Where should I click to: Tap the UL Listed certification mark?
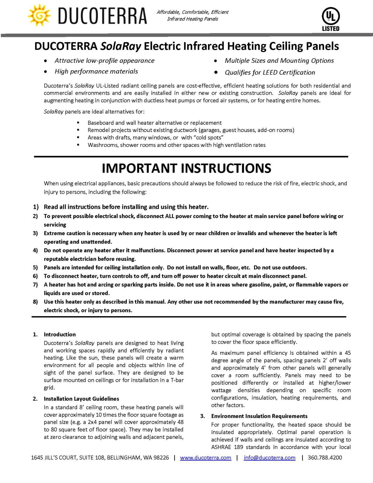[330, 19]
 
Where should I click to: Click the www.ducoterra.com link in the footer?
[206, 458]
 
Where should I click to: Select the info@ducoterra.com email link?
[269, 458]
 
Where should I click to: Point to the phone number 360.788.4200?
[325, 458]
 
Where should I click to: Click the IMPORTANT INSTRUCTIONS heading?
[186, 168]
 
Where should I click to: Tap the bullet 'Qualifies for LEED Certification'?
[269, 72]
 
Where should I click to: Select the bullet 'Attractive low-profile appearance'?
[104, 61]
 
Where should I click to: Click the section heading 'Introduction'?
[60, 334]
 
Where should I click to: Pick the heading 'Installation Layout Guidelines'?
[81, 399]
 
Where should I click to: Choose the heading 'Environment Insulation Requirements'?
[259, 416]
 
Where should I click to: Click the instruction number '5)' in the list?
[36, 267]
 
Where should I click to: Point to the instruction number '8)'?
[36, 302]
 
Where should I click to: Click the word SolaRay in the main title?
[121, 46]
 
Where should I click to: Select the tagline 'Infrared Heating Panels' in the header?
[193, 19]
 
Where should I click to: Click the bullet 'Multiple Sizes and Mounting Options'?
[279, 61]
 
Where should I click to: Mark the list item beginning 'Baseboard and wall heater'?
[155, 123]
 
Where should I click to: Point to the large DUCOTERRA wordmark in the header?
[102, 16]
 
